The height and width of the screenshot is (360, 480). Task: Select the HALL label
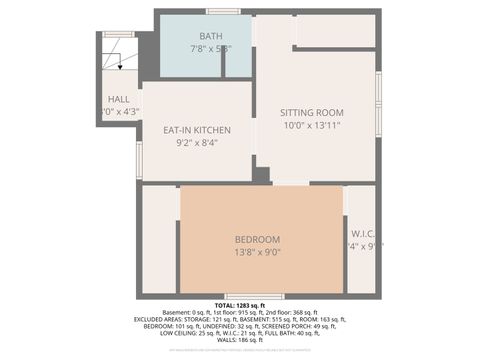[117, 99]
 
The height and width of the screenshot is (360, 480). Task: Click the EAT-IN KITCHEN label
[197, 130]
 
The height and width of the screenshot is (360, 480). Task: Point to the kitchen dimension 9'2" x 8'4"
[197, 143]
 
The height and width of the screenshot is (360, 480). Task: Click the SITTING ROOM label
[311, 112]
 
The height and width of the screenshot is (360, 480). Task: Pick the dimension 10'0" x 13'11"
[311, 126]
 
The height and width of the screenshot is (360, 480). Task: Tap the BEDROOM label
[257, 239]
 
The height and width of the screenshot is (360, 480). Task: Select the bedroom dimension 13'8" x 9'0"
[257, 252]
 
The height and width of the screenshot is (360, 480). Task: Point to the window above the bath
[223, 11]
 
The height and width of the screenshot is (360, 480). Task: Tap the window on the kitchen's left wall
[139, 160]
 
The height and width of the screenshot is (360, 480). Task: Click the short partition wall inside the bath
[223, 61]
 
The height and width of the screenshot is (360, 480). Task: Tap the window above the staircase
[119, 34]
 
